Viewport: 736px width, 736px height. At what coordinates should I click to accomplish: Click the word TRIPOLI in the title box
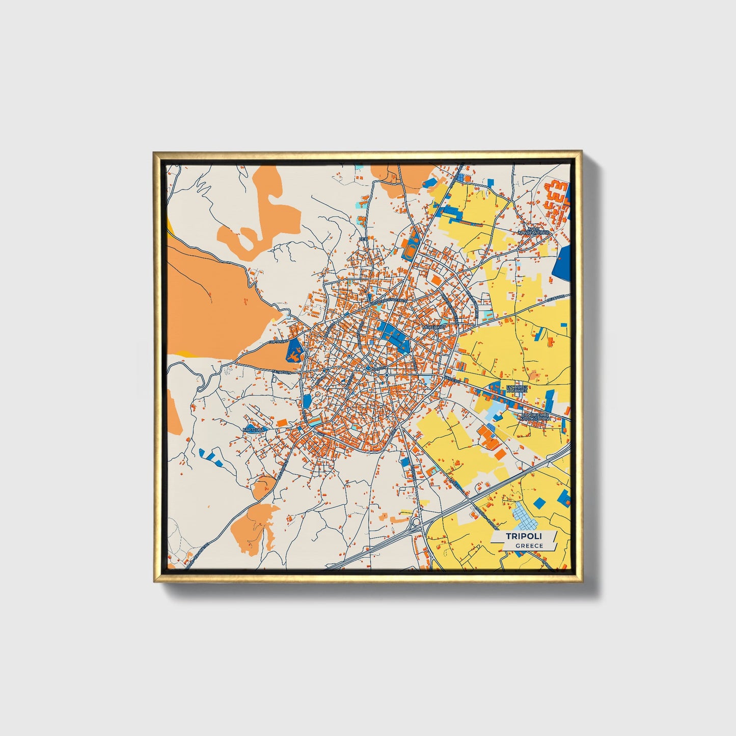coord(524,536)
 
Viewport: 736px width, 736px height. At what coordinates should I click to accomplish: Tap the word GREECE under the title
coord(529,546)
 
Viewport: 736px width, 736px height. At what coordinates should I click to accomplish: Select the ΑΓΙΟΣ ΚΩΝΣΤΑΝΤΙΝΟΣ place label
coord(533,230)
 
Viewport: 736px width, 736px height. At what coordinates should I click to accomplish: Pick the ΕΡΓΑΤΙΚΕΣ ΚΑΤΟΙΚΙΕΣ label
coord(517,390)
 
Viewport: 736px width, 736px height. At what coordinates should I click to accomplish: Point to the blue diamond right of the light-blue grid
coord(539,503)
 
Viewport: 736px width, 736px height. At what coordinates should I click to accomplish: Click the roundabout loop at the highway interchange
coord(416,522)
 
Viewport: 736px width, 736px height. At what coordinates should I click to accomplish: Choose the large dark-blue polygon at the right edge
coord(562,263)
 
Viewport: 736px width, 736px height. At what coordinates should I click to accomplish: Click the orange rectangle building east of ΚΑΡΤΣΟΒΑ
coord(281,422)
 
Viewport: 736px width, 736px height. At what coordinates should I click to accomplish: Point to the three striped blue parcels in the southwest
coord(211,457)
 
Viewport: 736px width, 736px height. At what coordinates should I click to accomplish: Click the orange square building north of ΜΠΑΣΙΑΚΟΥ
coord(436,280)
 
